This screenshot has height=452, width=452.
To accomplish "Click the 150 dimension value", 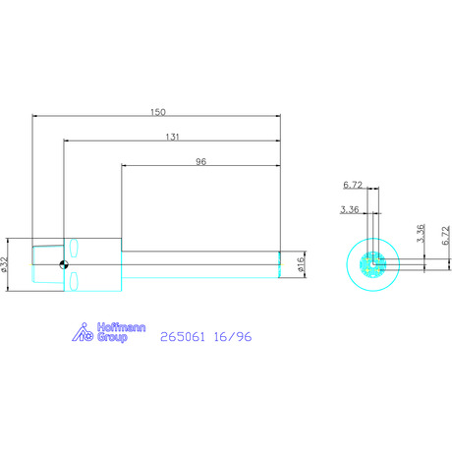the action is click(x=158, y=112).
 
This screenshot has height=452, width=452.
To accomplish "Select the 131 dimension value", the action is click(x=172, y=137).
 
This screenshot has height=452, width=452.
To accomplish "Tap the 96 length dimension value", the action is click(x=200, y=161).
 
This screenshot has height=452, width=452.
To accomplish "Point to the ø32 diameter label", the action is click(x=4, y=264).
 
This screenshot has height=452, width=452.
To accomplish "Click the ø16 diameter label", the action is click(x=301, y=264).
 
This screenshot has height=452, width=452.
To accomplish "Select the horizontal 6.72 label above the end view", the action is click(x=353, y=185).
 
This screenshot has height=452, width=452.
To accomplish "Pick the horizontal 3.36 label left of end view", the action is click(x=350, y=209).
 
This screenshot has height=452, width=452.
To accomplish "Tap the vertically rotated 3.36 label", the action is click(x=421, y=233).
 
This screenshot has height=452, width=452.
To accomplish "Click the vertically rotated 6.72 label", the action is click(x=446, y=236).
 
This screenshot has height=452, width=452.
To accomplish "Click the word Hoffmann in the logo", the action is click(x=121, y=327).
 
